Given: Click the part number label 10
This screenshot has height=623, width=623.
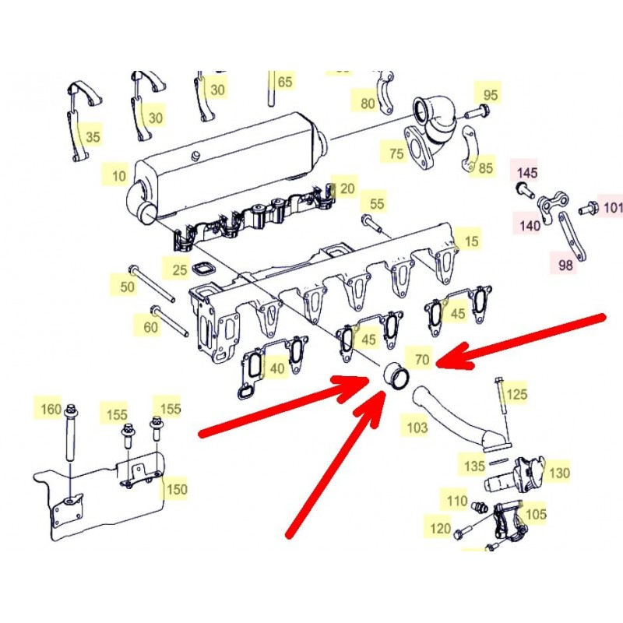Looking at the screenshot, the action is point(119,176).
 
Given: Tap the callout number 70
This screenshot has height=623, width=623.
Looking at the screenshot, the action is point(422,359).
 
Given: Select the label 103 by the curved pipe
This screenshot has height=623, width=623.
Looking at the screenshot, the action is point(417,428).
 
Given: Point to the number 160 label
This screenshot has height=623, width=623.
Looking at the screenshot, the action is point(51,409).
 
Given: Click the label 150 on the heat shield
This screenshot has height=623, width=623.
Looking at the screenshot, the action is point(177,489).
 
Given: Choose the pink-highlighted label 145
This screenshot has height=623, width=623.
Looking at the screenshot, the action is point(527,173).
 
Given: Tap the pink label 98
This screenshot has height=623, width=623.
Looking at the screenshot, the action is point(565,265).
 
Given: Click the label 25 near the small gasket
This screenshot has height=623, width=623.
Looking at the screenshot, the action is point(180,269).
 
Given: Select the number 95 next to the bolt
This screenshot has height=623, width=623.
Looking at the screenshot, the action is point(491,95).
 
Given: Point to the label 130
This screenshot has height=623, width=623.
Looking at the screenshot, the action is point(559,473).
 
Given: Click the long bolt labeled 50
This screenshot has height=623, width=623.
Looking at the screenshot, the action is point(152,283).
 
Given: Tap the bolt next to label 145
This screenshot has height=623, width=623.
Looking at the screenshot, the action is point(524,189).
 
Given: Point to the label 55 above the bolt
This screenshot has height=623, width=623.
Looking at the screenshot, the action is point(377,204).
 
